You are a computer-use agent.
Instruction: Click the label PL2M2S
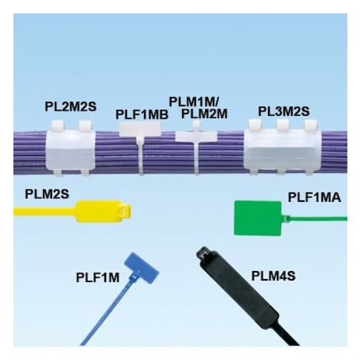click(71, 107)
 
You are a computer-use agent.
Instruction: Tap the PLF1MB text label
click(142, 114)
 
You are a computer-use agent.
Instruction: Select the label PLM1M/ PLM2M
click(198, 108)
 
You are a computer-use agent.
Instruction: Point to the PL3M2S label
click(284, 111)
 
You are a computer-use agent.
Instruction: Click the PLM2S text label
click(47, 194)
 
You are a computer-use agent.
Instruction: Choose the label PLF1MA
click(315, 197)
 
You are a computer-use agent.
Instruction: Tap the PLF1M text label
click(98, 278)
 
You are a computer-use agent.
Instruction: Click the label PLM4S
click(273, 276)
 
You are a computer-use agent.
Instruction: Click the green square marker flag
click(258, 218)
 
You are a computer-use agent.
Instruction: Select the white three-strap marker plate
click(282, 149)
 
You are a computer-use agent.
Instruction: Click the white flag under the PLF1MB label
click(140, 129)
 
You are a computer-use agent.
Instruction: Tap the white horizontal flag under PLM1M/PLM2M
click(197, 137)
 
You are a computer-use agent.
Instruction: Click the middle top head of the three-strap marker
click(283, 125)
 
